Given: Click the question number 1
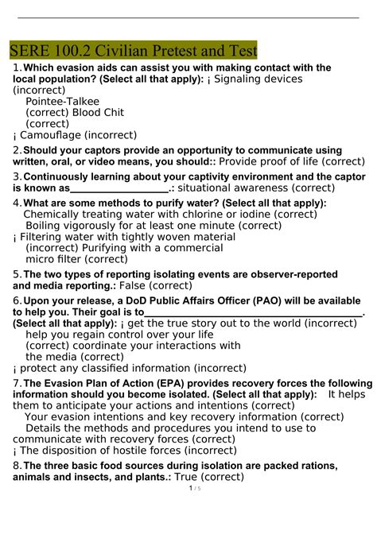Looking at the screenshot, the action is pos(16,68).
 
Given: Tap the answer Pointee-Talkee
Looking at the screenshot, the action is pos(63,101).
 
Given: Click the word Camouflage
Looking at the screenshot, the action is pos(51,134).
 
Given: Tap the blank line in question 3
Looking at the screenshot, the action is pos(119,189).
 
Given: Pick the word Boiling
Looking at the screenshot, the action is pos(46,225).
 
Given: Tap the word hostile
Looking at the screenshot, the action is pos(127,450).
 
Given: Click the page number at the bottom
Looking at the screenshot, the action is pos(190,510).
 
